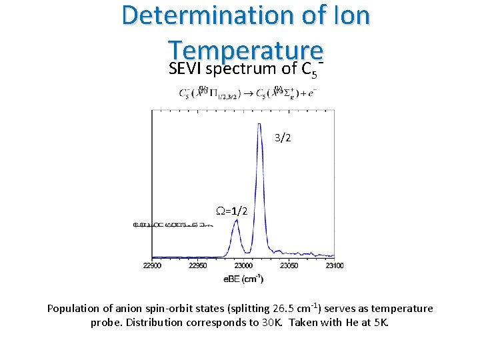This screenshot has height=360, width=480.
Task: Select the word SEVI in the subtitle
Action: pyautogui.click(x=185, y=69)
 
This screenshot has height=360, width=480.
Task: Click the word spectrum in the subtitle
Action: pyautogui.click(x=237, y=69)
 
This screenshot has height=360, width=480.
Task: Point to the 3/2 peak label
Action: pyautogui.click(x=283, y=139)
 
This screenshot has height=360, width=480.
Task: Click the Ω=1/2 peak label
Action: pyautogui.click(x=233, y=211)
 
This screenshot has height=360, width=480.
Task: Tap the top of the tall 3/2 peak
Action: pyautogui.click(x=260, y=124)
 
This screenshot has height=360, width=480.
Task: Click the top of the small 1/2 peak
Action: pyautogui.click(x=236, y=221)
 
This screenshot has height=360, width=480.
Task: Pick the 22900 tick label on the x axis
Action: pyautogui.click(x=152, y=266)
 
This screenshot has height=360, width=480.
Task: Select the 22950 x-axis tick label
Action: pyautogui.click(x=198, y=266)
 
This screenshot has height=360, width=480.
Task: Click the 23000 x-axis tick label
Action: pyautogui.click(x=243, y=266)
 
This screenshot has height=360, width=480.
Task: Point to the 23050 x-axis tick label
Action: pyautogui.click(x=289, y=266)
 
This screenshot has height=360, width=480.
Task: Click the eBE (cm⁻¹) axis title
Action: pyautogui.click(x=243, y=279)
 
